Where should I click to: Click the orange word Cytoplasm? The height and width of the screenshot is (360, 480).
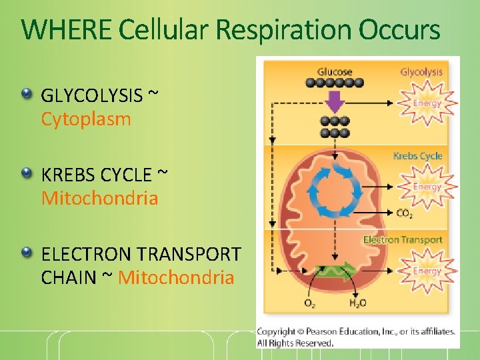[86, 120]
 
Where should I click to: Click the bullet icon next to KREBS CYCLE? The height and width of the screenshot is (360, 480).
[26, 173]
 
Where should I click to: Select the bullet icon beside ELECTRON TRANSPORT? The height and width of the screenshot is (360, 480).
[26, 252]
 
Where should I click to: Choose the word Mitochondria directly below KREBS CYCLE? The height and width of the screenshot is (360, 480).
[100, 199]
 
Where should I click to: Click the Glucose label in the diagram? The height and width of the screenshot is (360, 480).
[335, 72]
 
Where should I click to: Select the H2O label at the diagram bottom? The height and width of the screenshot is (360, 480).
[357, 304]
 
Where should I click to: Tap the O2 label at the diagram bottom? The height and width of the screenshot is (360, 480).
[310, 304]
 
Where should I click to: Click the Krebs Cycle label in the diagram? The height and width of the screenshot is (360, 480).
[417, 156]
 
